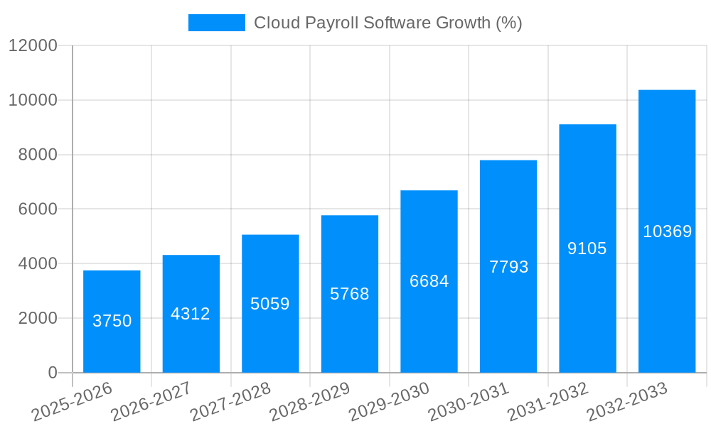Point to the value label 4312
[x=191, y=314]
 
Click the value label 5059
[x=270, y=304]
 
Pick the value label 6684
[x=429, y=281]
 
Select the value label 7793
[x=508, y=267]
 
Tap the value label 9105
[x=587, y=248]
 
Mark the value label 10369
[x=667, y=231]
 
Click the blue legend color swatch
[x=216, y=23]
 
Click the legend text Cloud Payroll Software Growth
[x=387, y=23]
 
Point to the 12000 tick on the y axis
[x=33, y=45]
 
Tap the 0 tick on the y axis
[x=52, y=373]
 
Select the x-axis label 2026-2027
[x=151, y=401]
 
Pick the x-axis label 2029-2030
[x=389, y=401]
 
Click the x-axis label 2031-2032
[x=547, y=401]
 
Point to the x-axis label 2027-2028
[x=230, y=401]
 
